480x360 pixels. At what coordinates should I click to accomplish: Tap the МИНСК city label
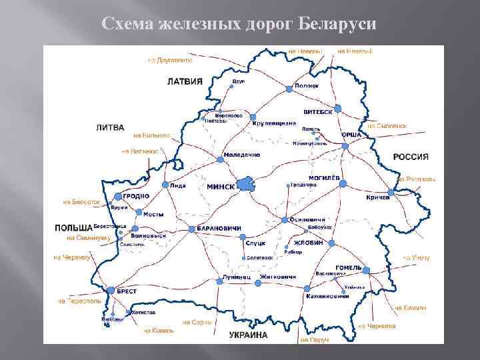[x=221, y=187]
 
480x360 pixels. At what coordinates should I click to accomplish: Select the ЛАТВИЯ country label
[x=185, y=83]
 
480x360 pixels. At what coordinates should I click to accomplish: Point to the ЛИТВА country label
[x=111, y=127]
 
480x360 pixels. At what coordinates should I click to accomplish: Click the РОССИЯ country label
[x=411, y=157]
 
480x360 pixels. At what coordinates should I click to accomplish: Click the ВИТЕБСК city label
[x=317, y=112]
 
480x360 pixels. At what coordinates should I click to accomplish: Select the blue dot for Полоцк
[x=289, y=88]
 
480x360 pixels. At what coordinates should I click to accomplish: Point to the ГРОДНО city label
[x=136, y=196]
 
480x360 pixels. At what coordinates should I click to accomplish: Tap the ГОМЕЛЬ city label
[x=348, y=268]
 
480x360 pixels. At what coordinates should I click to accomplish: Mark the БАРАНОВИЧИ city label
[x=219, y=229]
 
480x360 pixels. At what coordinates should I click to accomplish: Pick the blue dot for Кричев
[x=391, y=191]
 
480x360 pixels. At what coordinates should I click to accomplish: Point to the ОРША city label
[x=351, y=134]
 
